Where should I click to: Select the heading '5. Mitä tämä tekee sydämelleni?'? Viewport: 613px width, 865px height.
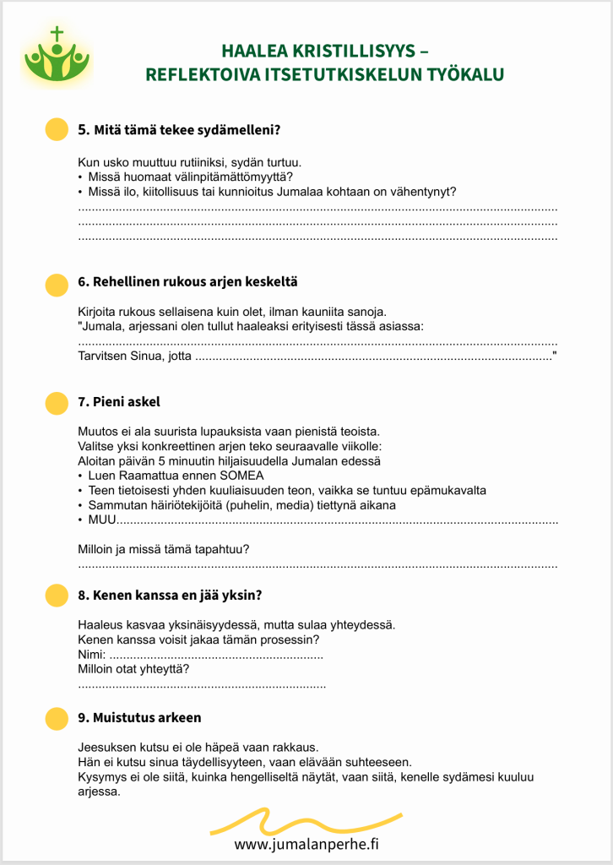tap(179, 130)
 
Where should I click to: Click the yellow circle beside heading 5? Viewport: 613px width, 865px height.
tap(56, 130)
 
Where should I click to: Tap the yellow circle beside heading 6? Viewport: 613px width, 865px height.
tap(56, 285)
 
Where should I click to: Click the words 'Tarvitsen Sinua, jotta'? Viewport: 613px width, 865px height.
tap(134, 357)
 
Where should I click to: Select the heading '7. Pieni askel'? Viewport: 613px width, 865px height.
tap(119, 401)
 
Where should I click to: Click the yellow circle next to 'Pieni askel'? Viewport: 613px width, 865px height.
tap(56, 403)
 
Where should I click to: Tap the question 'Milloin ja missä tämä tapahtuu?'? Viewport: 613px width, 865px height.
tap(164, 549)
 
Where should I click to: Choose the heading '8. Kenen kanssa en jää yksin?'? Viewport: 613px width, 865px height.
tap(170, 594)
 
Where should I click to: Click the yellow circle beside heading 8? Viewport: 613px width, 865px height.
tap(56, 595)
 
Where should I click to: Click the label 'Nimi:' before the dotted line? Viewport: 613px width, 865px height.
tap(92, 655)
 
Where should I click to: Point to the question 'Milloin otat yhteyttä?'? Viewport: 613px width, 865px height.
tap(133, 669)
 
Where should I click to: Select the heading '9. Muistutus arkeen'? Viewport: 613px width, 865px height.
tap(139, 717)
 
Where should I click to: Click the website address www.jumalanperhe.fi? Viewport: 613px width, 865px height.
tap(306, 844)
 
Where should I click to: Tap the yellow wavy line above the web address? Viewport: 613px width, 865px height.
tap(306, 821)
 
